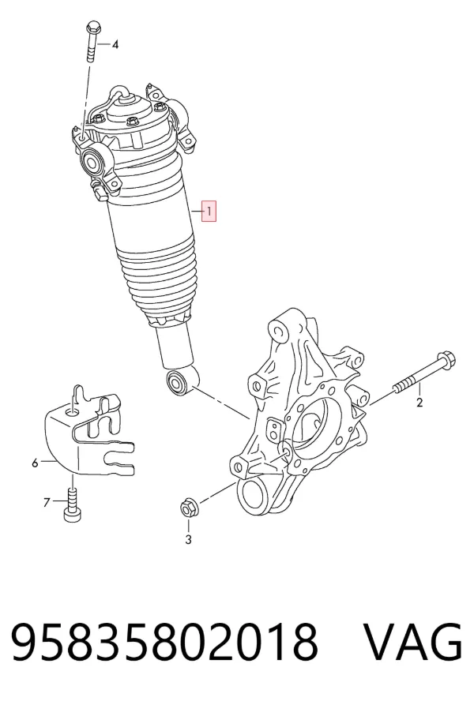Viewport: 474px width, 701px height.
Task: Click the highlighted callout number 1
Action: (209, 212)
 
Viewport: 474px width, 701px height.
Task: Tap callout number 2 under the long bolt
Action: (419, 403)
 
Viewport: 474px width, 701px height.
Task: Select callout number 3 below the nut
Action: (189, 540)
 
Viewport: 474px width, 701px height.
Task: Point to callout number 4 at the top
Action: (115, 44)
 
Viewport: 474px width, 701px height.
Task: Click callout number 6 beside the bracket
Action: (35, 463)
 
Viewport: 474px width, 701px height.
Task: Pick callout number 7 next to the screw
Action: (47, 503)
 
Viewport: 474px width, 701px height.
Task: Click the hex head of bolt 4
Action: (93, 26)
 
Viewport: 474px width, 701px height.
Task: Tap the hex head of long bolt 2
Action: (446, 358)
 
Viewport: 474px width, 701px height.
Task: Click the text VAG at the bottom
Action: (412, 643)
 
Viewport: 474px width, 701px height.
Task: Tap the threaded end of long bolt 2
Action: (402, 386)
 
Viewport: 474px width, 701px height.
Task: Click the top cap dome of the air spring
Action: (129, 110)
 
